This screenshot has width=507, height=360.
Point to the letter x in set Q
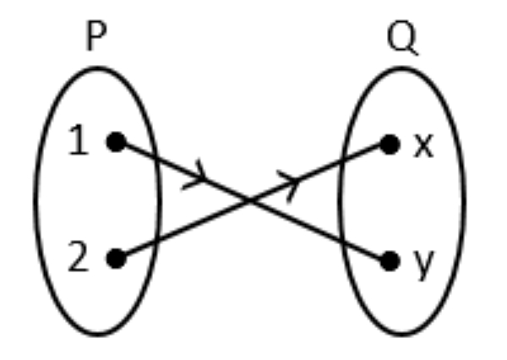click(422, 145)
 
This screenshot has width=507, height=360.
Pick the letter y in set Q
click(422, 264)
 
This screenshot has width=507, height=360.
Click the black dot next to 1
click(117, 143)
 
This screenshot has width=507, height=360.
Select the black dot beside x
click(389, 145)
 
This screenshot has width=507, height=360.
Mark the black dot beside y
click(389, 261)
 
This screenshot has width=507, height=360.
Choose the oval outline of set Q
click(463, 203)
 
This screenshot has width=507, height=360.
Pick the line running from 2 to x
click(186, 230)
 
